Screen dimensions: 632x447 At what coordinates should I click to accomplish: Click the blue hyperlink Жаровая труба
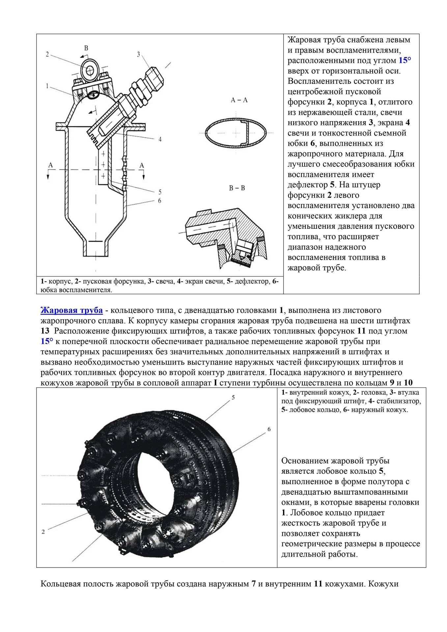(71, 310)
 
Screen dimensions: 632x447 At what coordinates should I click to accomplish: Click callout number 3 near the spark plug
(139, 54)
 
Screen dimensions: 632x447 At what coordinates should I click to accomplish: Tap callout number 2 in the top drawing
(47, 54)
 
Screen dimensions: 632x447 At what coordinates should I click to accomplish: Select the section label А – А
(239, 100)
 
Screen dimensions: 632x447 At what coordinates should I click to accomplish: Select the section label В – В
(237, 188)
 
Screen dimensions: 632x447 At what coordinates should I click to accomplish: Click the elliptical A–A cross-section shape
(236, 133)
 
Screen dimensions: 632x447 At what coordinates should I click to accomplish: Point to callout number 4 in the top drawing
(160, 139)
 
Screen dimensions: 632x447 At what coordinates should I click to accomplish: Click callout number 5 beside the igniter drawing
(160, 192)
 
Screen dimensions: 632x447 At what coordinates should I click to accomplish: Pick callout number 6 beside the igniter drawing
(160, 201)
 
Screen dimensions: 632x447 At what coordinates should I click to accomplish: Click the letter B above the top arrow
(86, 48)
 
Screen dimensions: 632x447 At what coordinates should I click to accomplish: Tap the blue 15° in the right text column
(405, 61)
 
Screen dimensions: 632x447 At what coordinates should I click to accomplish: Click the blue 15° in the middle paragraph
(47, 341)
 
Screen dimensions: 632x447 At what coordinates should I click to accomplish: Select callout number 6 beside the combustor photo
(269, 429)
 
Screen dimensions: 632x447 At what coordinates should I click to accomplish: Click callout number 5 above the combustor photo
(233, 397)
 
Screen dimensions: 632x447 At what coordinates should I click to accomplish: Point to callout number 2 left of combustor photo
(43, 532)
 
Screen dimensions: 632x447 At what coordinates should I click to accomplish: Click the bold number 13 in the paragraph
(45, 331)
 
